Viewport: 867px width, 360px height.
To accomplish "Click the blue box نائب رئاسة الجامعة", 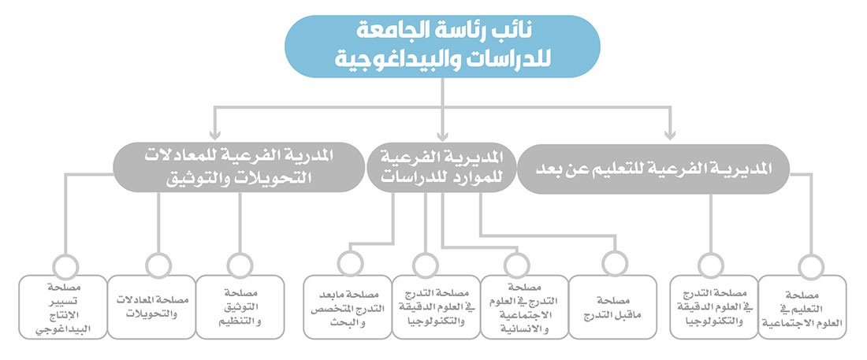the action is (442, 46).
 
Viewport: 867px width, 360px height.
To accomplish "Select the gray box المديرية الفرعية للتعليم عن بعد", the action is (655, 169).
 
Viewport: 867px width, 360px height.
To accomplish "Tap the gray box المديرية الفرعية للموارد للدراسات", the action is (442, 168).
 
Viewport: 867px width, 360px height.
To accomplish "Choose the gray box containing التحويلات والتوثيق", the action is (239, 168).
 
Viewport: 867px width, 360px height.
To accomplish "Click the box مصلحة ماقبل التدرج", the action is (612, 307).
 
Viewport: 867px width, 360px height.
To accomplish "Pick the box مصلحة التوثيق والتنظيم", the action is (240, 307).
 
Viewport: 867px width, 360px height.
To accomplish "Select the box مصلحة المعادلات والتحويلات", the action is (151, 307).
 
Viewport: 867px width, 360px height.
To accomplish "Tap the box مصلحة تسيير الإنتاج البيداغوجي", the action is (63, 307).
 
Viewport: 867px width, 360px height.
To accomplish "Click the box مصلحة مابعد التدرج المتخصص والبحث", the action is (348, 307).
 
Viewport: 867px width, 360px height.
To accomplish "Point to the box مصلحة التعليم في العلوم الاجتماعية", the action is (802, 307).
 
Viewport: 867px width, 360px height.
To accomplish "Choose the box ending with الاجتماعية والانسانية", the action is (525, 307).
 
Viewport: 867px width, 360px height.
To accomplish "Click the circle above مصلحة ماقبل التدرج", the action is (615, 264).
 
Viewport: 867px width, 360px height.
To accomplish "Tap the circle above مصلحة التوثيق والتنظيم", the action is (240, 265).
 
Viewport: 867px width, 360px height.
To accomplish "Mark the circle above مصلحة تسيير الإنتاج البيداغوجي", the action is (65, 265).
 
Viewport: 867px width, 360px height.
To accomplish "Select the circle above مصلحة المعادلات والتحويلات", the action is (158, 265).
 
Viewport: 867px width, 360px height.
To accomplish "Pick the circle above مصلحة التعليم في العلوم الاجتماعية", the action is (811, 266).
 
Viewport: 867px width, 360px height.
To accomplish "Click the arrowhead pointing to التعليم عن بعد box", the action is (670, 135).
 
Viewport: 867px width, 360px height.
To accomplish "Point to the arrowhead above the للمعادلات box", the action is (215, 135).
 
